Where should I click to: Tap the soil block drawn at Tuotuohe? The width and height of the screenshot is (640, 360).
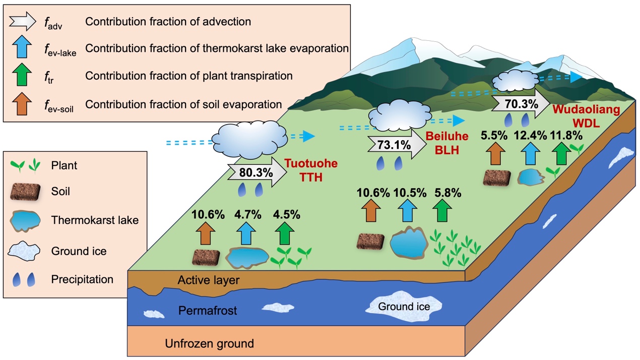coord(206,257)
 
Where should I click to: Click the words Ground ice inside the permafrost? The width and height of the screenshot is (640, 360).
coord(404,306)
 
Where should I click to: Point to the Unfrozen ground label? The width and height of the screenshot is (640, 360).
coord(209,344)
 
